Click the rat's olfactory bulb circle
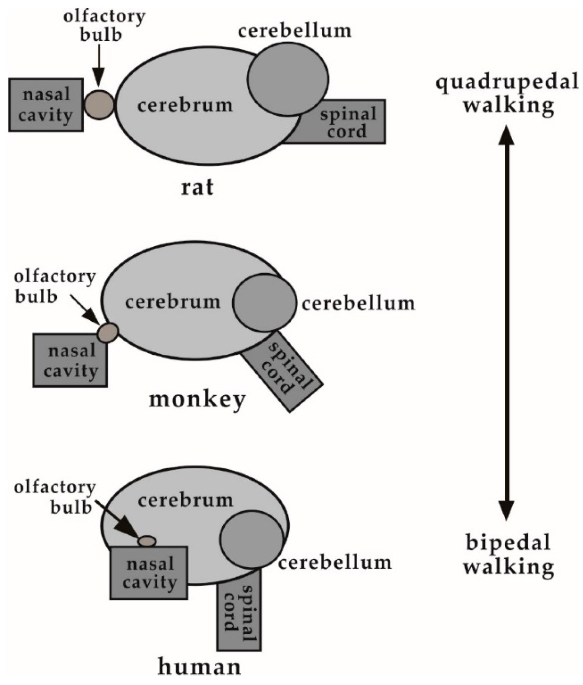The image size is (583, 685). (99, 105)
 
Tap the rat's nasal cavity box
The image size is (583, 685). (46, 105)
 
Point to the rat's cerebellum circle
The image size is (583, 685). (288, 79)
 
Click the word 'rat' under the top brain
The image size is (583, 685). (197, 187)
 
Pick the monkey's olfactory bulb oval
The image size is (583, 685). (108, 332)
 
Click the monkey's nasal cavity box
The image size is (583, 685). (70, 361)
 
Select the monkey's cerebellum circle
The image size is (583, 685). (264, 302)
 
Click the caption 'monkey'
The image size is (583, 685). (197, 399)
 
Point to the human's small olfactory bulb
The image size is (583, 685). (147, 541)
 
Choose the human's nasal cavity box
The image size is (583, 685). (149, 573)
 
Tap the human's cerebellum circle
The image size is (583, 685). (252, 539)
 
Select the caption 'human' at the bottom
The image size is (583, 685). (199, 667)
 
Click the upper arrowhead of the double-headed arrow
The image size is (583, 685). (506, 136)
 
